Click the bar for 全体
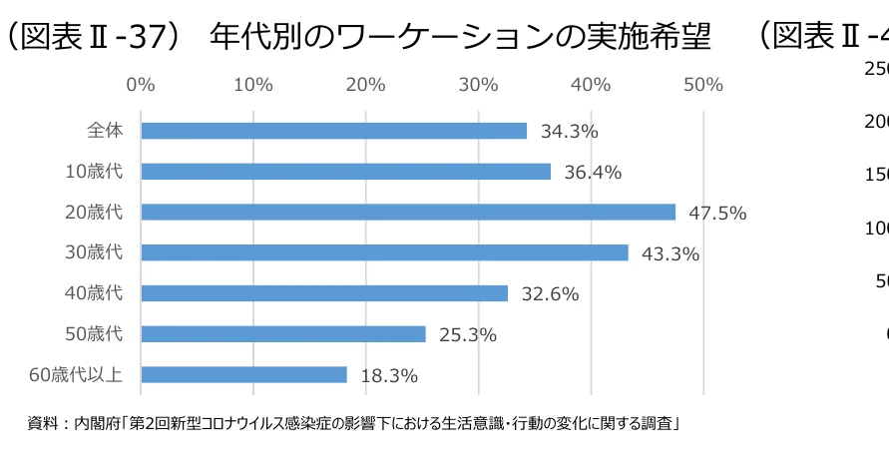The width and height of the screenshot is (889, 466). pyautogui.click(x=333, y=131)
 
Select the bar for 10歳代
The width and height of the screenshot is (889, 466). pyautogui.click(x=345, y=172)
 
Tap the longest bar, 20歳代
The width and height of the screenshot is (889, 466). pyautogui.click(x=408, y=212)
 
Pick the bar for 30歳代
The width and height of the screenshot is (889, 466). pyautogui.click(x=384, y=252)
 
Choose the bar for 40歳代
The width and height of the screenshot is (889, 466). pyautogui.click(x=324, y=293)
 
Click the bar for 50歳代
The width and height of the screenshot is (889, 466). pyautogui.click(x=283, y=334)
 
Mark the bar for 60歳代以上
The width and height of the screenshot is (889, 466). pyautogui.click(x=243, y=374)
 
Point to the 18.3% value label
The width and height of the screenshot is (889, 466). pyautogui.click(x=388, y=376)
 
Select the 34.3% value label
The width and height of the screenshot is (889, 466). pyautogui.click(x=569, y=132)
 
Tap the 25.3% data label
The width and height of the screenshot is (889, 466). pyautogui.click(x=467, y=335)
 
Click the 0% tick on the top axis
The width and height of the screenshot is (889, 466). pyautogui.click(x=141, y=85)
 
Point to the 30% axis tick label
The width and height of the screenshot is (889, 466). pyautogui.click(x=479, y=85)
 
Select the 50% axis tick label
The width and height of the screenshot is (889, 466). pyautogui.click(x=704, y=85)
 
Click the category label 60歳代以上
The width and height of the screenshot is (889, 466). pyautogui.click(x=76, y=375)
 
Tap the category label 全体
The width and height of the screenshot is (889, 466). pyautogui.click(x=105, y=131)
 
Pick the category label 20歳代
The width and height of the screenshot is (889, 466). pyautogui.click(x=94, y=212)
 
